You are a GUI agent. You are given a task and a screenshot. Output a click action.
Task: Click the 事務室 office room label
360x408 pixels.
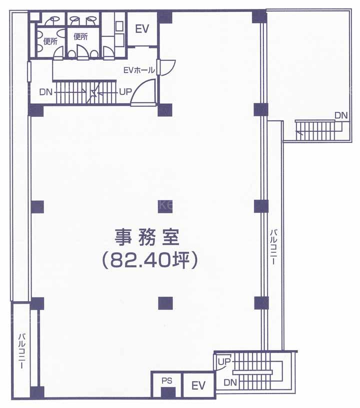(x=147, y=237)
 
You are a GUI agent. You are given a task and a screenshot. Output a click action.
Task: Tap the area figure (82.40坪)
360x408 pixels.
(x=148, y=261)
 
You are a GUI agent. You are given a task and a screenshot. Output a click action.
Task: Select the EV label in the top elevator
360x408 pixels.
(x=142, y=29)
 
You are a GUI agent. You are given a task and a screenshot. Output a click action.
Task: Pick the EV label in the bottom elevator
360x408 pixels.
(x=198, y=386)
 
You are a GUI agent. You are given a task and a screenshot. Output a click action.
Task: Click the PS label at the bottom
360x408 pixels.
(x=167, y=381)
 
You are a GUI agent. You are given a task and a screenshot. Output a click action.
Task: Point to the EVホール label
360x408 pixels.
(x=139, y=70)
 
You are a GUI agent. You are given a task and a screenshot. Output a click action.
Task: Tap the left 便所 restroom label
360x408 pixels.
(x=50, y=41)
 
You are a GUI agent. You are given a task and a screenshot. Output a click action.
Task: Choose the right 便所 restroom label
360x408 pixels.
(x=81, y=36)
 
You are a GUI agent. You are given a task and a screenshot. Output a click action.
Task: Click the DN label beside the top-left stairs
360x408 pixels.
(x=46, y=92)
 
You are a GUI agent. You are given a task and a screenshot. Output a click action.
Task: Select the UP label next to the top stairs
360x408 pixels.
(x=125, y=91)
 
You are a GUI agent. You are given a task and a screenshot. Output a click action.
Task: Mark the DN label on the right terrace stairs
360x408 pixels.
(x=341, y=115)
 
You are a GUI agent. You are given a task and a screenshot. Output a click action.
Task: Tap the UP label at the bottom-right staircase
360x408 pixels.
(x=224, y=362)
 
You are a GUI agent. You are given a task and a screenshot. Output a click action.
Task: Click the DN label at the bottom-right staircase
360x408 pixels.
(x=230, y=382)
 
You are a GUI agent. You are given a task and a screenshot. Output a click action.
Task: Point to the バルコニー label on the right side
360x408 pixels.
(x=273, y=247)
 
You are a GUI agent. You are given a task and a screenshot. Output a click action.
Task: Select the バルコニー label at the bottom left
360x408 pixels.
(x=21, y=351)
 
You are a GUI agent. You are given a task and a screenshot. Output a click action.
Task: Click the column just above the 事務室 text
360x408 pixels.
(x=165, y=207)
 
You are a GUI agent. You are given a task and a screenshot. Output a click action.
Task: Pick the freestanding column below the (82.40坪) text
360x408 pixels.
(x=165, y=304)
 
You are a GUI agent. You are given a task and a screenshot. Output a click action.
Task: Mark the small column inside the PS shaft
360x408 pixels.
(x=168, y=393)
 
